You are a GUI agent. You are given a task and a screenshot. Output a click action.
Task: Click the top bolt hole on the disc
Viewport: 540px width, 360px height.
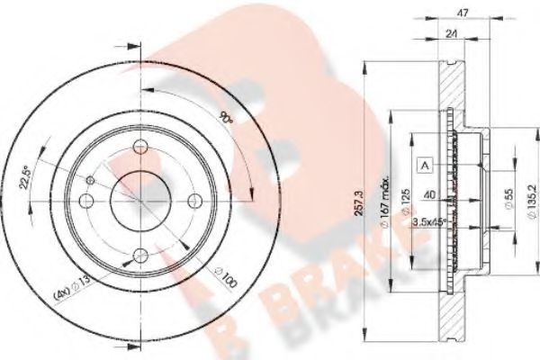[139, 149]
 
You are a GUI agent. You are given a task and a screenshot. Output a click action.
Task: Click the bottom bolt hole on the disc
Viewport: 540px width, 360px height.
[132, 255]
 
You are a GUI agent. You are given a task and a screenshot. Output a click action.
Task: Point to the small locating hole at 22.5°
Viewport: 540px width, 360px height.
[89, 182]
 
